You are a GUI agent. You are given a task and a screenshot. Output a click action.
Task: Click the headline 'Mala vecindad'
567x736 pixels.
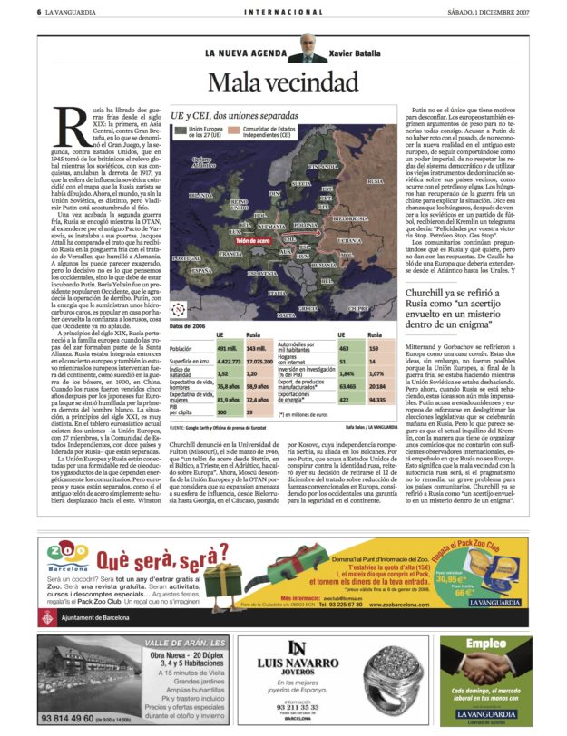[x=283, y=82]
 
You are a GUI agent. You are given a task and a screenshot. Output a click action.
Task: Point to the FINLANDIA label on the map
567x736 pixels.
[x=323, y=167]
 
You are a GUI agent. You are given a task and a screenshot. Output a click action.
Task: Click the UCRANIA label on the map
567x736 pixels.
[x=349, y=241]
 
